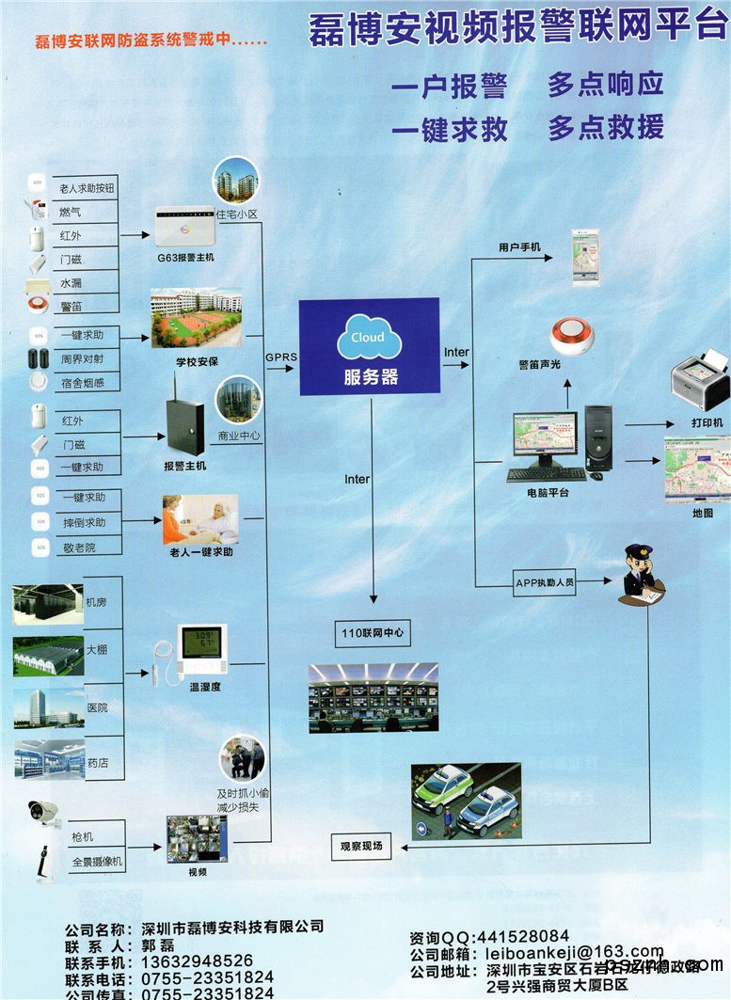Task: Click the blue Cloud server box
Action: pos(369,346)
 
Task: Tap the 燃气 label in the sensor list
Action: pos(71,212)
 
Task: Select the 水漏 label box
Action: pos(72,282)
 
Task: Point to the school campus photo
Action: pos(196,318)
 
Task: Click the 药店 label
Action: pos(97,763)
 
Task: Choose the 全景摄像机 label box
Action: pos(96,861)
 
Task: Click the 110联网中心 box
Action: pos(373,633)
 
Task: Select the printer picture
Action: pos(700,380)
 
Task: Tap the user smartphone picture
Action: pos(584,258)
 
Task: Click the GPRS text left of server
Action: pos(280,357)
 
